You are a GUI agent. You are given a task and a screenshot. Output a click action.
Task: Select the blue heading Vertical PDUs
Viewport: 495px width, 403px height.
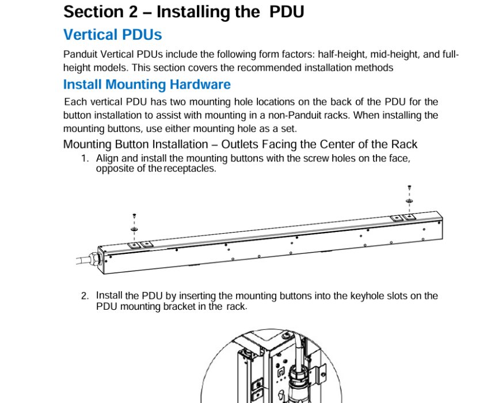[112, 35]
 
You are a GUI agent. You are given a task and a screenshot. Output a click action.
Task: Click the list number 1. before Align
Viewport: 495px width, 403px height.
[85, 158]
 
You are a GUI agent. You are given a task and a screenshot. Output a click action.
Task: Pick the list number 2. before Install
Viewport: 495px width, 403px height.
[85, 296]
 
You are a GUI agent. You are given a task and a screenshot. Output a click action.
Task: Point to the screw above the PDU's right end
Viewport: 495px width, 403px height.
[409, 188]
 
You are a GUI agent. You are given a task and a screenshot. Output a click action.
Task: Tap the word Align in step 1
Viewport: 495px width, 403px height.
[108, 158]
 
